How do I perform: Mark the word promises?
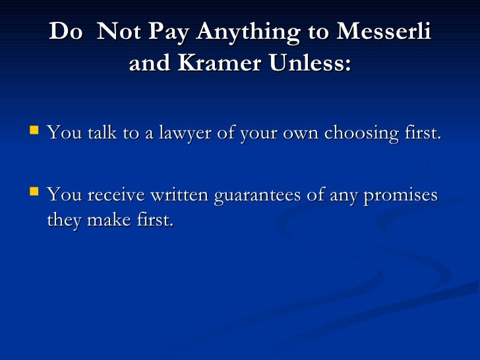click(402, 195)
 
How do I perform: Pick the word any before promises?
click(346, 195)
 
